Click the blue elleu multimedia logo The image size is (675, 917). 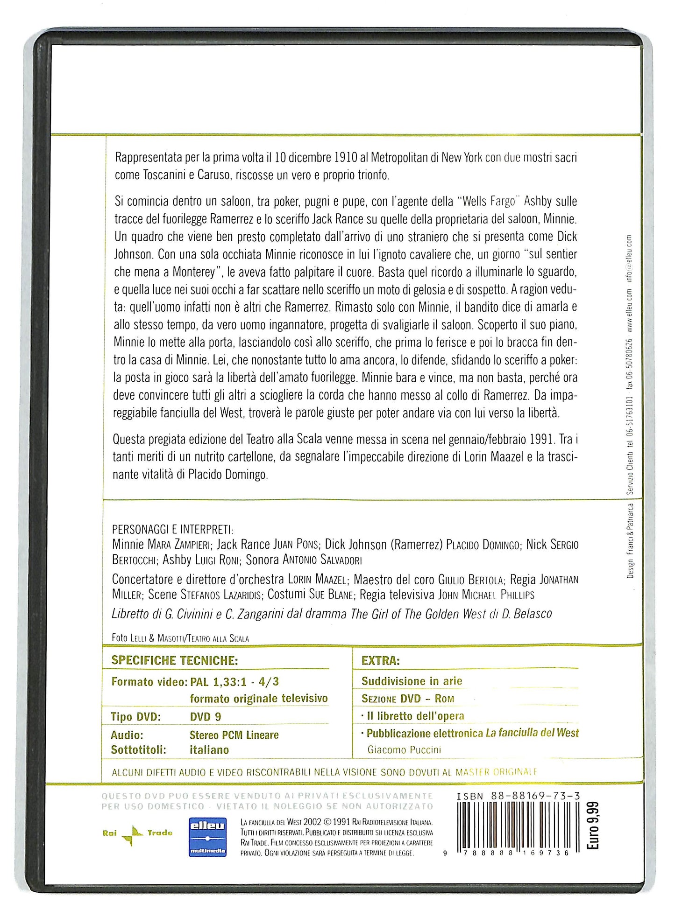point(207,837)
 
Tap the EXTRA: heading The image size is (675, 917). point(381,661)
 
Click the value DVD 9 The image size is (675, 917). point(206,717)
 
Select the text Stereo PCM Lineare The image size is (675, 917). point(234,735)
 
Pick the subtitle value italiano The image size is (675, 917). point(209,750)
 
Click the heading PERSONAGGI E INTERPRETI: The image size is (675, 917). point(172,529)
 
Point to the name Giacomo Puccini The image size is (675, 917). point(404,750)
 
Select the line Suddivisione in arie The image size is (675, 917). point(412,681)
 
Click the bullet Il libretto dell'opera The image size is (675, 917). point(415,716)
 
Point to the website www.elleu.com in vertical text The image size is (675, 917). point(629,310)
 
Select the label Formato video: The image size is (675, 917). point(149,682)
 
